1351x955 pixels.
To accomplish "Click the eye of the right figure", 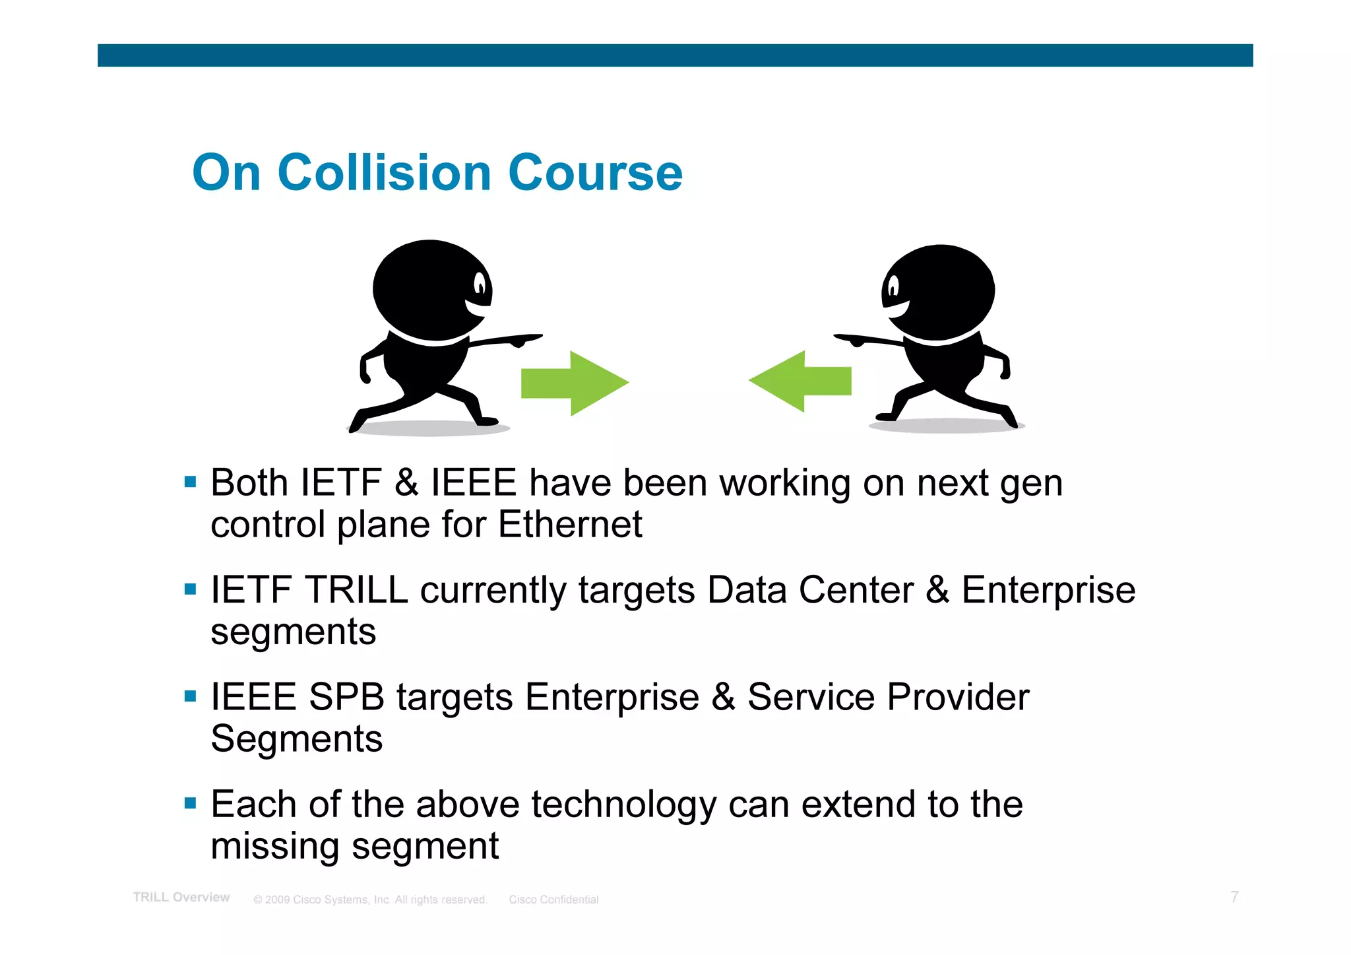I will [894, 287].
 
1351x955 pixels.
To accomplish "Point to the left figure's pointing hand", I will [524, 339].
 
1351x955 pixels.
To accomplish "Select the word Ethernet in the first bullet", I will [569, 525].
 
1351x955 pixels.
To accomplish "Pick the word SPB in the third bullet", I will [346, 697].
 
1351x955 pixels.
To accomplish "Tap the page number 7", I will [1234, 897].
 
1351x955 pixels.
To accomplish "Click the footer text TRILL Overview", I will [181, 898].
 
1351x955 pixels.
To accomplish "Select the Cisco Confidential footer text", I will [553, 900].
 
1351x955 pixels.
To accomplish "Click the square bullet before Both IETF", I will [191, 482].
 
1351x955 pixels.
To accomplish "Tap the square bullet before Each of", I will [191, 803].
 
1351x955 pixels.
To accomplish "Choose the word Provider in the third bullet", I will [957, 697].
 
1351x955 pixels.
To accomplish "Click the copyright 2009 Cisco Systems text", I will [370, 900].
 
